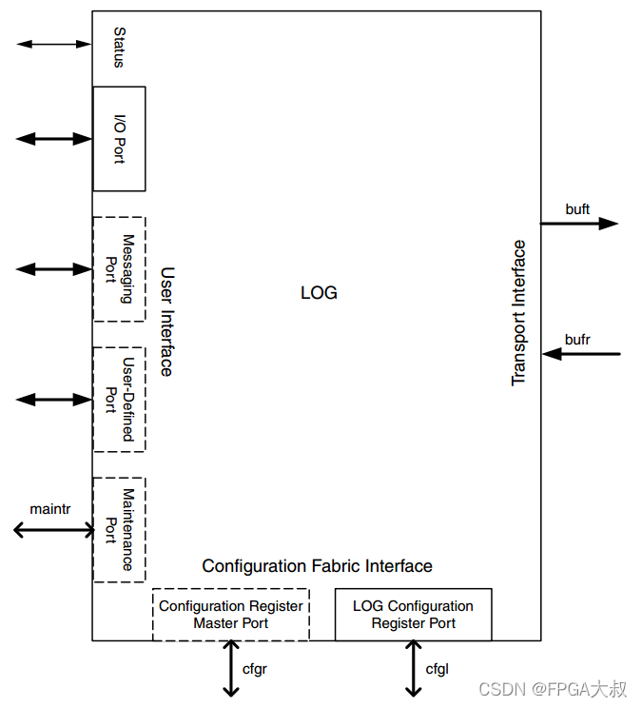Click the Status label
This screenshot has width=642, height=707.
[x=119, y=48]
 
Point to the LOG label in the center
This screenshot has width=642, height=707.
[x=319, y=293]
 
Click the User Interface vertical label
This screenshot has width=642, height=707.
[x=166, y=322]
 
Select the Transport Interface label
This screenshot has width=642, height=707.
[x=518, y=313]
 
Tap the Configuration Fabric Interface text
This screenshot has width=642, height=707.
[x=317, y=566]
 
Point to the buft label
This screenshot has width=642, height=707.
[x=577, y=209]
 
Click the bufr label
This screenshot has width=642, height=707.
[x=577, y=340]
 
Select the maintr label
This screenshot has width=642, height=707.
[x=50, y=509]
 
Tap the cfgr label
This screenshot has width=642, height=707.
[x=255, y=670]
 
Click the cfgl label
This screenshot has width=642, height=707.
[x=437, y=670]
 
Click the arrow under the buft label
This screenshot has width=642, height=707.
[x=579, y=224]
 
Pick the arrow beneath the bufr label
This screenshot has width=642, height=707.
[x=581, y=354]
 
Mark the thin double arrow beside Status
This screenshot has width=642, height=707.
[x=53, y=44]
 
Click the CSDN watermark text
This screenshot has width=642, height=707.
[x=553, y=689]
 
